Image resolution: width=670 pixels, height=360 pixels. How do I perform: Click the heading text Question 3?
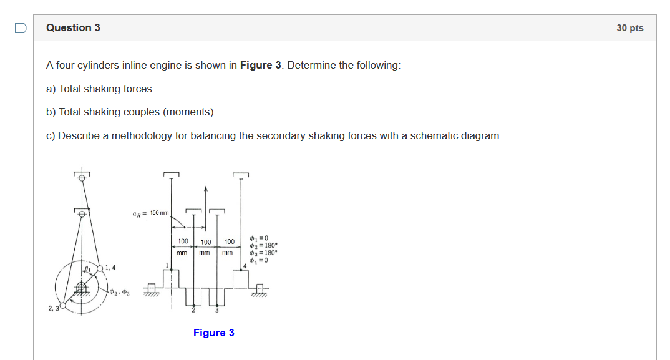(73, 27)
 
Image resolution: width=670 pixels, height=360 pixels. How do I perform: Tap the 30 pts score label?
(629, 28)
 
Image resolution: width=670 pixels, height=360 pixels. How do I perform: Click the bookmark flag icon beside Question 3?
(21, 28)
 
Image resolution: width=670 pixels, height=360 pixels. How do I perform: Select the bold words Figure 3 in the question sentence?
(256, 66)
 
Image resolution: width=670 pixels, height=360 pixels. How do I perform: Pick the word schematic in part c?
(432, 136)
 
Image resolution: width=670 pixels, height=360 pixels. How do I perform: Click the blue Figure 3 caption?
(214, 333)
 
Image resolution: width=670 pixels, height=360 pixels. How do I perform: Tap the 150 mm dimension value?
(159, 213)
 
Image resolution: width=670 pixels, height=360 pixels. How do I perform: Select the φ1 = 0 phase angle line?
(258, 238)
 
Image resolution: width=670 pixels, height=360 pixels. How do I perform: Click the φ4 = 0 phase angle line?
(258, 260)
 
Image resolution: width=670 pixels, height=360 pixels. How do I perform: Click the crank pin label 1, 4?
(110, 268)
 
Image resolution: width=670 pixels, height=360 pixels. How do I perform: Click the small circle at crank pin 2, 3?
(62, 306)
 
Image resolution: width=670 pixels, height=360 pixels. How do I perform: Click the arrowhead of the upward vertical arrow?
(206, 188)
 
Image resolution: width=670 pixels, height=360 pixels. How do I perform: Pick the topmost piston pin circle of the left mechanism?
(82, 177)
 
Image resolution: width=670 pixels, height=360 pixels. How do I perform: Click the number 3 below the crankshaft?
(217, 311)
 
